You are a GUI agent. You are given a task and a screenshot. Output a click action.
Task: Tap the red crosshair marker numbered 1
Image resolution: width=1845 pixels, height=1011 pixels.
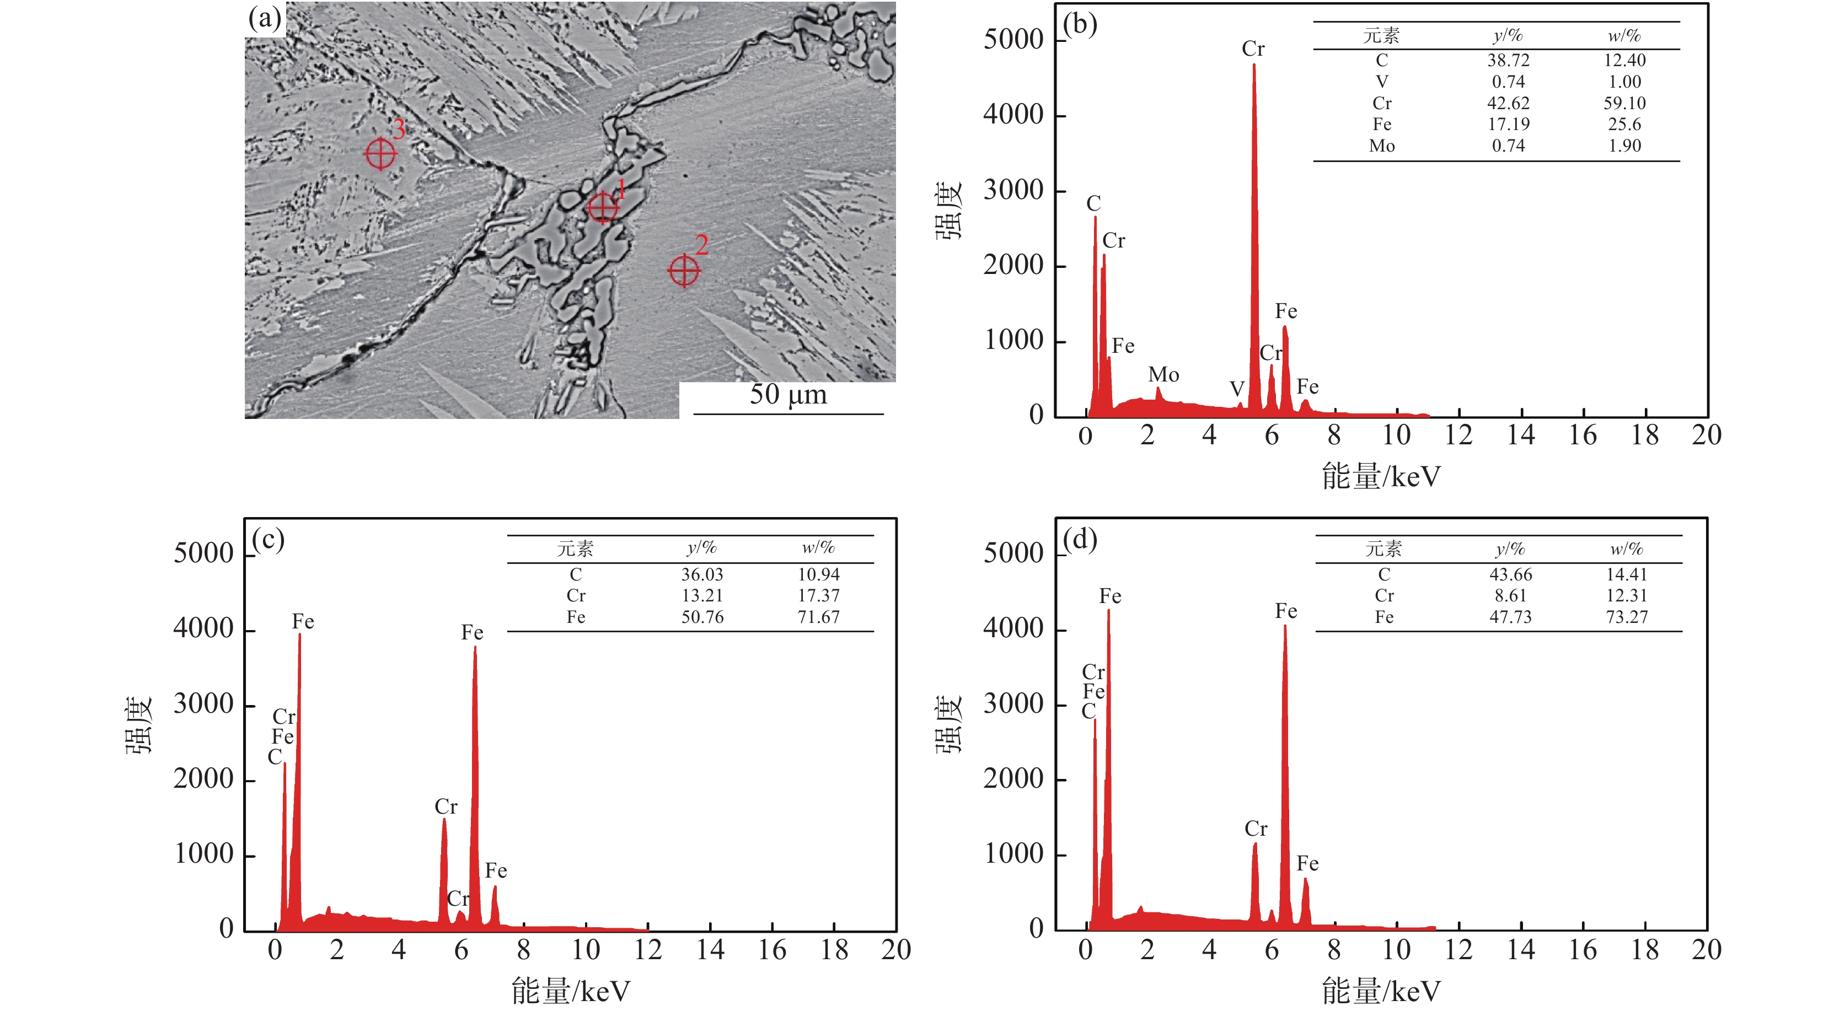(x=602, y=208)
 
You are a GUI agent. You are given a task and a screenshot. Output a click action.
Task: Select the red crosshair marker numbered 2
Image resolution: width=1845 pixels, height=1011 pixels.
(x=683, y=271)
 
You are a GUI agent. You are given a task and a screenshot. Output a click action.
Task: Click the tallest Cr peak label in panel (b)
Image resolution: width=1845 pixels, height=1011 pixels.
(x=1253, y=49)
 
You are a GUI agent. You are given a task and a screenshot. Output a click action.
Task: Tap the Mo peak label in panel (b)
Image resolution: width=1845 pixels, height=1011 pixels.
(x=1163, y=374)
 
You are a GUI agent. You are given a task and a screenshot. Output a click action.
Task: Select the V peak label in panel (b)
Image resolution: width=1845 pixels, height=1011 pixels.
(x=1237, y=389)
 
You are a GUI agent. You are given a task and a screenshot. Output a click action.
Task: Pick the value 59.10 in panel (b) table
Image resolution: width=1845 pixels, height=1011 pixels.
(x=1624, y=103)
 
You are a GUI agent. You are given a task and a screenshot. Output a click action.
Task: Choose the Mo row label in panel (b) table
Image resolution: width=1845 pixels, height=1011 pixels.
(x=1382, y=146)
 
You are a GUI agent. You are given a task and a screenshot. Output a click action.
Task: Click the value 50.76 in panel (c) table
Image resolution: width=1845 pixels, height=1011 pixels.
(x=702, y=617)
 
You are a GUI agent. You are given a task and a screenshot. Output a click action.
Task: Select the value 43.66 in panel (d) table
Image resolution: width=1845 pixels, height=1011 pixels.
(x=1510, y=574)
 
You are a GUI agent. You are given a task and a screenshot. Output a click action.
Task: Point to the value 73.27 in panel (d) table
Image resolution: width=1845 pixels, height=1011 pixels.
(x=1626, y=617)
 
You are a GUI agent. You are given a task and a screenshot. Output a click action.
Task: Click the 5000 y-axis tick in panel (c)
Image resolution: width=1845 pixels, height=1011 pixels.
(x=203, y=553)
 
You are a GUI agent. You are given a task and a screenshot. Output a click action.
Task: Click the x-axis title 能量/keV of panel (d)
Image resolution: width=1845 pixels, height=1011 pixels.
(x=1380, y=992)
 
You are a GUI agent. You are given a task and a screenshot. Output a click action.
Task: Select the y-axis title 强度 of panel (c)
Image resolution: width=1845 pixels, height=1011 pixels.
(x=139, y=724)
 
